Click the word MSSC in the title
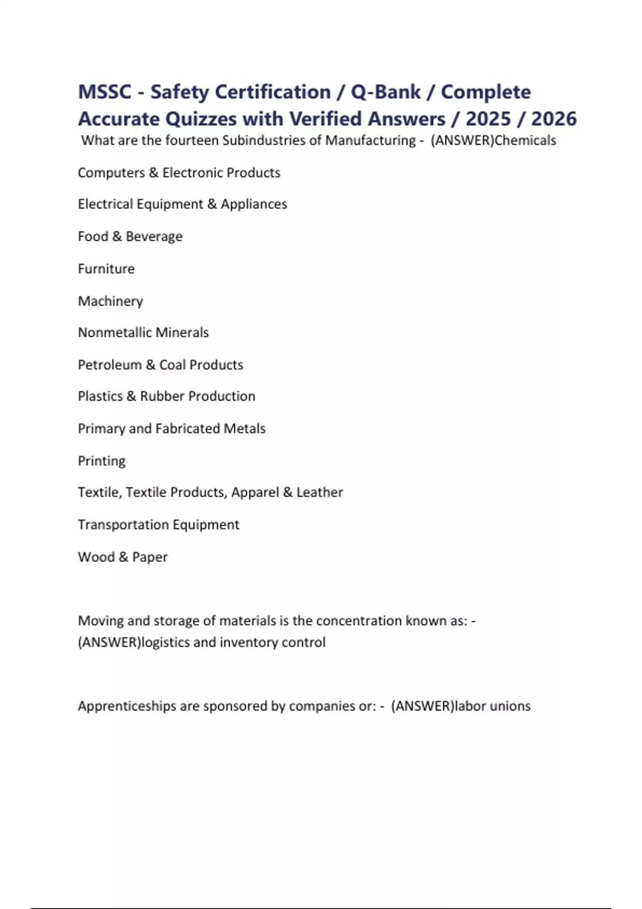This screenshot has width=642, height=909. (x=105, y=92)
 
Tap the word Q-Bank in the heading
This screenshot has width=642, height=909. (x=386, y=92)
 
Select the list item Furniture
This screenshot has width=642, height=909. (x=106, y=268)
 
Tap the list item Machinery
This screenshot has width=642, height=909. (x=110, y=301)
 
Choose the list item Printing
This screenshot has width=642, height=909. (x=102, y=461)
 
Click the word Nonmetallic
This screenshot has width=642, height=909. (x=114, y=333)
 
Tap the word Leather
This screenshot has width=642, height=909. (x=319, y=492)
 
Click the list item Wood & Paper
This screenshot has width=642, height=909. (x=123, y=557)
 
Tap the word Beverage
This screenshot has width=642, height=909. (x=154, y=236)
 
